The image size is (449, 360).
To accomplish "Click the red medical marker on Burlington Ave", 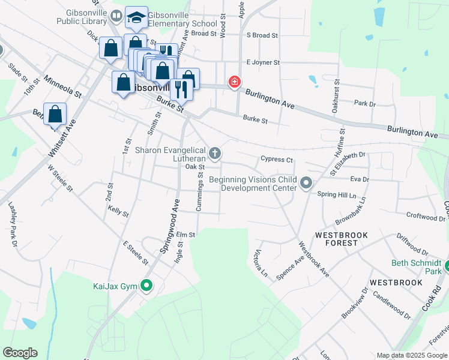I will (x=234, y=82).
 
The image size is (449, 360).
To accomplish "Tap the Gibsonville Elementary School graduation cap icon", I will (x=137, y=18).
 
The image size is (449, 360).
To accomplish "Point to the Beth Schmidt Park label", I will (x=416, y=267).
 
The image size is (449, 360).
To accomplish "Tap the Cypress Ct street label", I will (x=276, y=160).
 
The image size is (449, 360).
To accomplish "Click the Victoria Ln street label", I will (x=261, y=263).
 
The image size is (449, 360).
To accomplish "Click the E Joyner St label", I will (x=263, y=62).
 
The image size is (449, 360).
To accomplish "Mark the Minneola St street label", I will (x=62, y=86).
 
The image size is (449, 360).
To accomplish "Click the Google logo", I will (x=20, y=353).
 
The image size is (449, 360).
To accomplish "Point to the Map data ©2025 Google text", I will (x=411, y=355).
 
